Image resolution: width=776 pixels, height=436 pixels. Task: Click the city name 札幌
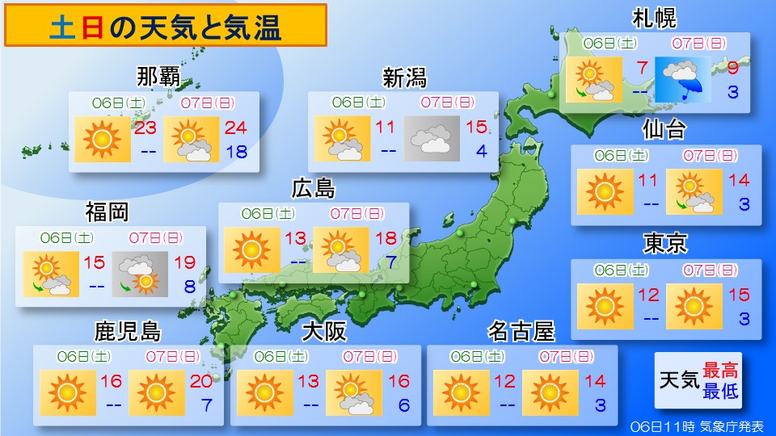point(654,17)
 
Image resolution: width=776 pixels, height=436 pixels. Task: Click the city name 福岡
point(108,212)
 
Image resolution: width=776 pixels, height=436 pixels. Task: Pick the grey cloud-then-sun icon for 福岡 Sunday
point(135,275)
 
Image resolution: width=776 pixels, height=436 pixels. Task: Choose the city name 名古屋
point(521,331)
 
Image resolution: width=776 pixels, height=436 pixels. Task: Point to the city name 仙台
point(665,129)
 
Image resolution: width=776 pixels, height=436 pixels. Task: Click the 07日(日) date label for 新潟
point(447,103)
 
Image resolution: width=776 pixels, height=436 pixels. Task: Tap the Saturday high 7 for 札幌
point(643,67)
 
